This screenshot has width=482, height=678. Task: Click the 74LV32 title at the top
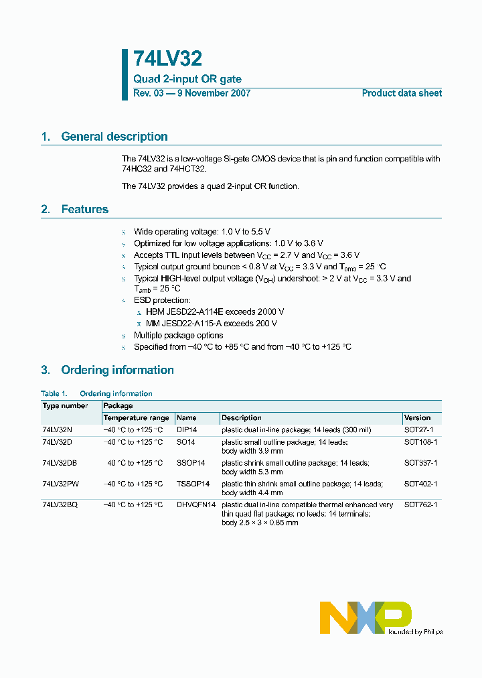[x=167, y=60]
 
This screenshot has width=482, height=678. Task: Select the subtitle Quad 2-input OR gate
[x=187, y=79]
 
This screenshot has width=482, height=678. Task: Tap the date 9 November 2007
[x=213, y=93]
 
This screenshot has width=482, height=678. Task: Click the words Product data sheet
[x=402, y=93]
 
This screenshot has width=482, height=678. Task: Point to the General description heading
[x=114, y=137]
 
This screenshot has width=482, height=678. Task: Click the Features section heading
[x=84, y=210]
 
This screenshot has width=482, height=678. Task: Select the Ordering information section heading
[x=117, y=370]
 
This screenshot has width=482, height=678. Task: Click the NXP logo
[x=366, y=616]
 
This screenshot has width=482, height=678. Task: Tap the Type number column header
[x=65, y=406]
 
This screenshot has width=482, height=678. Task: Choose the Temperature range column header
[x=136, y=418]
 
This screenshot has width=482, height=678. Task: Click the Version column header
[x=417, y=418]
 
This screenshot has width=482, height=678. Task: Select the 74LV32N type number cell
[x=56, y=430]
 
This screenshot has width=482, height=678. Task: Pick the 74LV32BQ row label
[x=60, y=504]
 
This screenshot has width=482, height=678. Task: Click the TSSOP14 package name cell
[x=193, y=484]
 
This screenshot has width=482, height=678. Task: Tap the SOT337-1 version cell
[x=420, y=463]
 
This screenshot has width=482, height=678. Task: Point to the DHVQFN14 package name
[x=196, y=504]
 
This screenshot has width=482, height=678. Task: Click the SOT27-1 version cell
[x=418, y=430]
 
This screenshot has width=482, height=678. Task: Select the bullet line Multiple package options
[x=178, y=335]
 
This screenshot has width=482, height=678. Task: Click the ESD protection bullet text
[x=162, y=301]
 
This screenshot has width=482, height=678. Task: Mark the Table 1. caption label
[x=54, y=394]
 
